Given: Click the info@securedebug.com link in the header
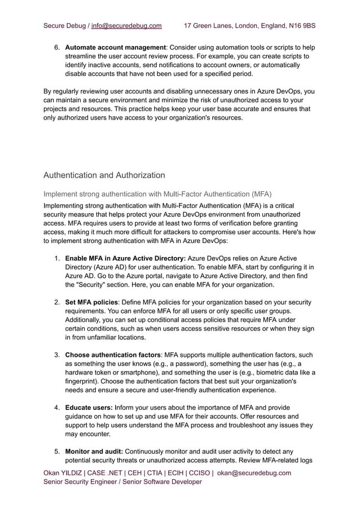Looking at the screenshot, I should tap(126, 25).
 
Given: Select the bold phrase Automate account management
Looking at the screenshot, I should tap(115, 47).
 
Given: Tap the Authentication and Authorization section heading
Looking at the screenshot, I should tap(104, 175).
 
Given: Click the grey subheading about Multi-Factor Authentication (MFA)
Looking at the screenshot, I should tap(157, 194).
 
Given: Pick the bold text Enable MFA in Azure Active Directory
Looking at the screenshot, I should tap(125, 258).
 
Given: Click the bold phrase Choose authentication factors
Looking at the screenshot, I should tap(113, 355).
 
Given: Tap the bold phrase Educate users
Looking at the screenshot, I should tap(89, 407).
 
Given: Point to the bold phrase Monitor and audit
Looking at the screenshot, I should tap(93, 451).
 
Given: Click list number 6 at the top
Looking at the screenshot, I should tap(57, 47).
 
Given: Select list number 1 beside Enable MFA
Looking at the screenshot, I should tap(57, 258).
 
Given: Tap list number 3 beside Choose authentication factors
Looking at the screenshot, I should tap(57, 355).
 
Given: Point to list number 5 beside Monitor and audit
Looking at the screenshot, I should tap(57, 451).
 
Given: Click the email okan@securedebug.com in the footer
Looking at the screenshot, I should tap(254, 473).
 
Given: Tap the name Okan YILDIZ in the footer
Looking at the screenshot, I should tap(63, 473).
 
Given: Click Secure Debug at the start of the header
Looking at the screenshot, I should tap(64, 25).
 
